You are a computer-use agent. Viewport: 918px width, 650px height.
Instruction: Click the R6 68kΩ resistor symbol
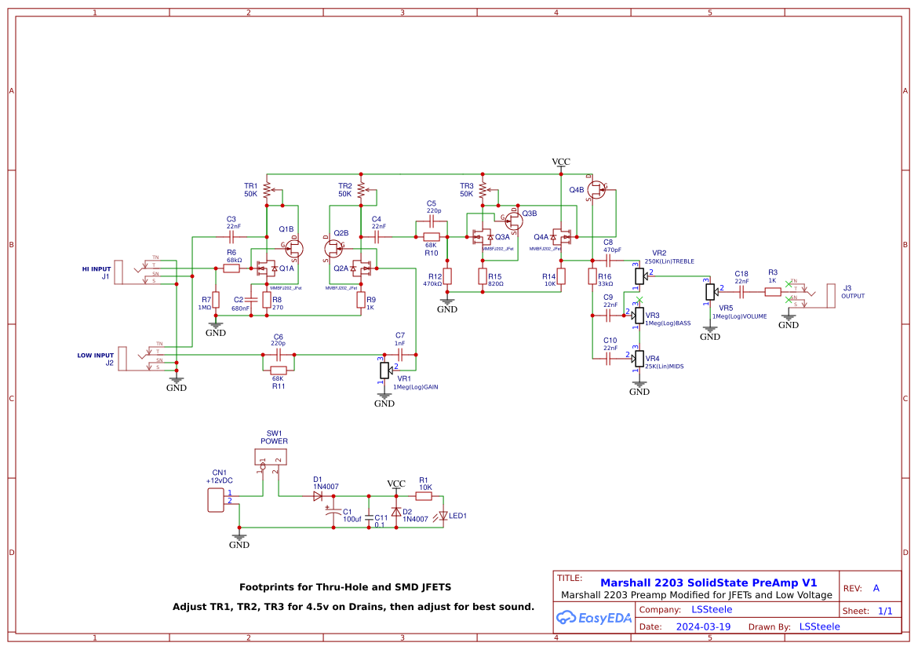coord(231,268)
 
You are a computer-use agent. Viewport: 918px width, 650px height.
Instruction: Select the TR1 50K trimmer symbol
coord(267,189)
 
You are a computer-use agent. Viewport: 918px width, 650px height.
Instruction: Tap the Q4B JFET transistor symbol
coord(596,188)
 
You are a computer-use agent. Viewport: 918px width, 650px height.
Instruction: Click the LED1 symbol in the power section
coord(444,516)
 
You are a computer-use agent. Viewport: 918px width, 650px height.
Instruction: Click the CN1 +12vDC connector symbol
coord(215,499)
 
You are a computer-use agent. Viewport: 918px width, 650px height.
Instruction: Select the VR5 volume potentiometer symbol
coord(710,291)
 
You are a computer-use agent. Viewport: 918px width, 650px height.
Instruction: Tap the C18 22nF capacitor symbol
coord(741,291)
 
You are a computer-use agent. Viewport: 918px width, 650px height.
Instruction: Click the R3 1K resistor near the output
coord(772,291)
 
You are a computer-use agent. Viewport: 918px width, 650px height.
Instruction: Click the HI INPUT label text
coord(97,268)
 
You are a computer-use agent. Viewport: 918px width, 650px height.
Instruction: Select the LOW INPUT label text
coord(95,355)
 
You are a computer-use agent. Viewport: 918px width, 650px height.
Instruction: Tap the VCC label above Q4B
coord(561,162)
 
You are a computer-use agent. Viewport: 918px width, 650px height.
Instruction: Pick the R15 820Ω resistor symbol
coord(483,276)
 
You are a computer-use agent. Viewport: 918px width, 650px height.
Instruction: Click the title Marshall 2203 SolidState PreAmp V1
coord(709,582)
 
